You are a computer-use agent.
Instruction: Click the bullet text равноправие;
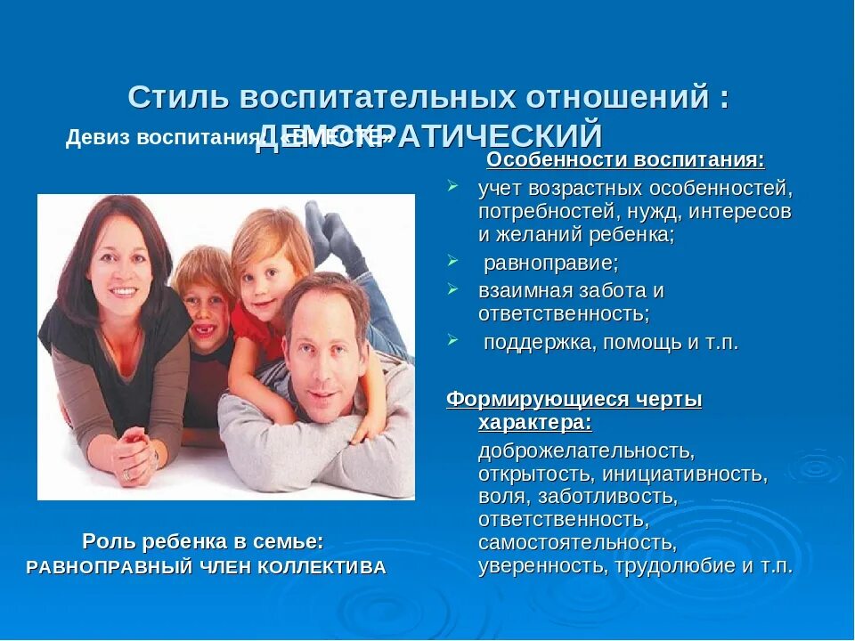[x=550, y=264]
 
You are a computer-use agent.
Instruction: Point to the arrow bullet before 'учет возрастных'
[x=453, y=186]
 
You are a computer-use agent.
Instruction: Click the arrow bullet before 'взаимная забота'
[x=453, y=289]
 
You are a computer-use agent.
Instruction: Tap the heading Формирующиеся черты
[x=574, y=400]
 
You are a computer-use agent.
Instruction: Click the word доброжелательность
[x=585, y=450]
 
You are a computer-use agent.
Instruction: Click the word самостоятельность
[x=576, y=542]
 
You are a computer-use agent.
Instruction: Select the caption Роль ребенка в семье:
[x=203, y=540]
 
